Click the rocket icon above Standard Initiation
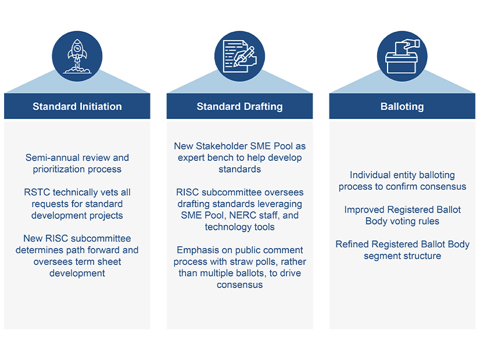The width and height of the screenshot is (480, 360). pos(77,56)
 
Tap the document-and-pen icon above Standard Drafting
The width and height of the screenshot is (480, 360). pos(239,56)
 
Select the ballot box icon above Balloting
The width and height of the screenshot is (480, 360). pos(402,56)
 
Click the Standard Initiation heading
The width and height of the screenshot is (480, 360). pos(77,106)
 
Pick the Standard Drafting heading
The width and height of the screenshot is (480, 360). pos(239,106)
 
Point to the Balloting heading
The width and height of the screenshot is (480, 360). pos(402,106)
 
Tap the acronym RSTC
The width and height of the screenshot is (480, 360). pos(37,192)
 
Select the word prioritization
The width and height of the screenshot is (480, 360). pos(63,170)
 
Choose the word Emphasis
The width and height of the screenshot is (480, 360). pos(196,250)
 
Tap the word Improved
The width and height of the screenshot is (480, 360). pos(363,210)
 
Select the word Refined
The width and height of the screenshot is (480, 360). pos(353,244)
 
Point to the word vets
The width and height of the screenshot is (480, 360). pos(96,192)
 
